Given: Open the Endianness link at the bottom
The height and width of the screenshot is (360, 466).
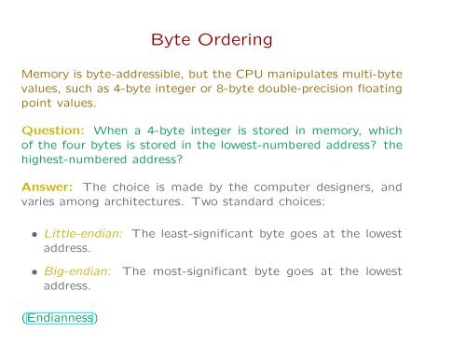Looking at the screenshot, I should pos(60,319).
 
